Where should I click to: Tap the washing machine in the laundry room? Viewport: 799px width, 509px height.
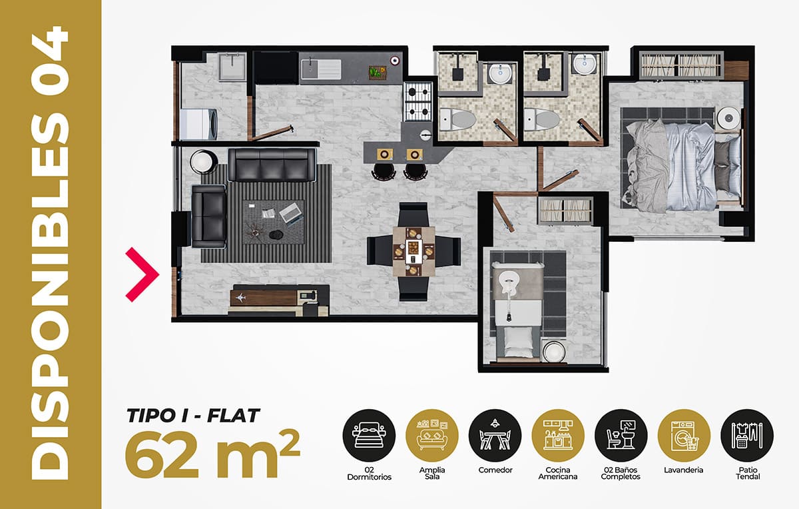point(198,124)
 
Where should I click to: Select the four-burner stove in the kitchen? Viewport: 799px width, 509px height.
point(417,102)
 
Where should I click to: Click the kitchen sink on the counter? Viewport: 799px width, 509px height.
point(321,69)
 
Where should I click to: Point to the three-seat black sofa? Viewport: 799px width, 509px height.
point(272,165)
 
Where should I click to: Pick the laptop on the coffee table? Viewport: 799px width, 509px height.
point(291,213)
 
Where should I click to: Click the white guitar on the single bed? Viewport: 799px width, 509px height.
point(509,292)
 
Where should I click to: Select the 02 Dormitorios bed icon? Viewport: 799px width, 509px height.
point(369,435)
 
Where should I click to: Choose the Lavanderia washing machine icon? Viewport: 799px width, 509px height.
point(684,435)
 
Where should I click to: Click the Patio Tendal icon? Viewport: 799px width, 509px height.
point(747,435)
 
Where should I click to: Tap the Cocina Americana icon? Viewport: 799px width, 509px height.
point(558,435)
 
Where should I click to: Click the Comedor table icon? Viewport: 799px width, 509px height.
point(495,435)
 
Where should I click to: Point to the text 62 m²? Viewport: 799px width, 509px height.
point(212,454)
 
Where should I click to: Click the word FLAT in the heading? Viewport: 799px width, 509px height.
point(233,416)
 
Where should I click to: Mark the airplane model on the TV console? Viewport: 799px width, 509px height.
point(240,297)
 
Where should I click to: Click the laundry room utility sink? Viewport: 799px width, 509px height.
point(232,67)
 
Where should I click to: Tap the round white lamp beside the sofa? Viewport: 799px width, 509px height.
point(203,162)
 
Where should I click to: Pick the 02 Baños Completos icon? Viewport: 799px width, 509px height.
point(621,435)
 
